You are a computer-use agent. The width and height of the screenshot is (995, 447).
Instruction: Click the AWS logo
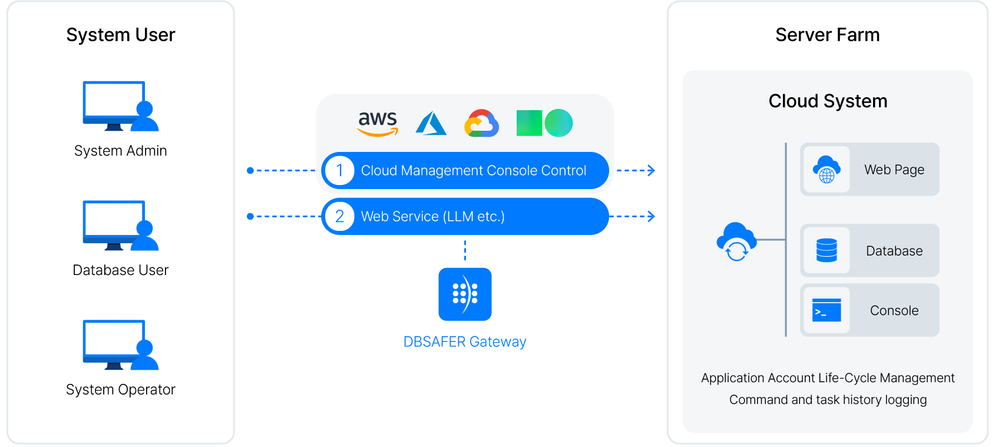point(378,123)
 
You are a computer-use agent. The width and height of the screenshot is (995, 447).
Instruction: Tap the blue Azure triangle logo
point(431,124)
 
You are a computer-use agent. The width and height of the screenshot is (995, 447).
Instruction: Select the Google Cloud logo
point(481,123)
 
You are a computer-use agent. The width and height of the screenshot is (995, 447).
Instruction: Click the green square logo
point(529,123)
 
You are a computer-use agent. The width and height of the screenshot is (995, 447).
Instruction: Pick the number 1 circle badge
point(339,170)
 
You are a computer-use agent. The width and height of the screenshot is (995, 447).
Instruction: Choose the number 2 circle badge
point(339,216)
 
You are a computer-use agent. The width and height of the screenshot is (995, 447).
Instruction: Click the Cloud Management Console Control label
point(473,171)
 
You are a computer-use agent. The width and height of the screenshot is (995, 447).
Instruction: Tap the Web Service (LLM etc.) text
point(432,217)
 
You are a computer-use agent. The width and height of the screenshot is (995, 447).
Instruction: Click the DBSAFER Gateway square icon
point(465,294)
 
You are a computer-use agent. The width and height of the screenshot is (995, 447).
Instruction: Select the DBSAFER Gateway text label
point(464,342)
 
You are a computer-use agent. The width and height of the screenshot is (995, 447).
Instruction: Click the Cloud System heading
point(828,101)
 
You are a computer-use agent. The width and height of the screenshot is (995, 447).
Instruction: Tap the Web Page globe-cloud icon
point(827,170)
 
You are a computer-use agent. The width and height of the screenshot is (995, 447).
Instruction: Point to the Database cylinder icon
point(827,250)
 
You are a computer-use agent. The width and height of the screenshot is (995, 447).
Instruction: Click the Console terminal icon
point(827,310)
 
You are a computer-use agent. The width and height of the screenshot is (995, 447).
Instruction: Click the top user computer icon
point(120,106)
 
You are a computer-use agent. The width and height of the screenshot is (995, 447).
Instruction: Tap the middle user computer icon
point(120,226)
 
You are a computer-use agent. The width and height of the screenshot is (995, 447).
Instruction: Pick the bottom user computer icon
point(120,345)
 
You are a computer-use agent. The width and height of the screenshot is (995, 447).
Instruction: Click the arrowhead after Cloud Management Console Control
point(651,171)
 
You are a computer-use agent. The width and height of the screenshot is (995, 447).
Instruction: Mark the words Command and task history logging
point(828,400)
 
